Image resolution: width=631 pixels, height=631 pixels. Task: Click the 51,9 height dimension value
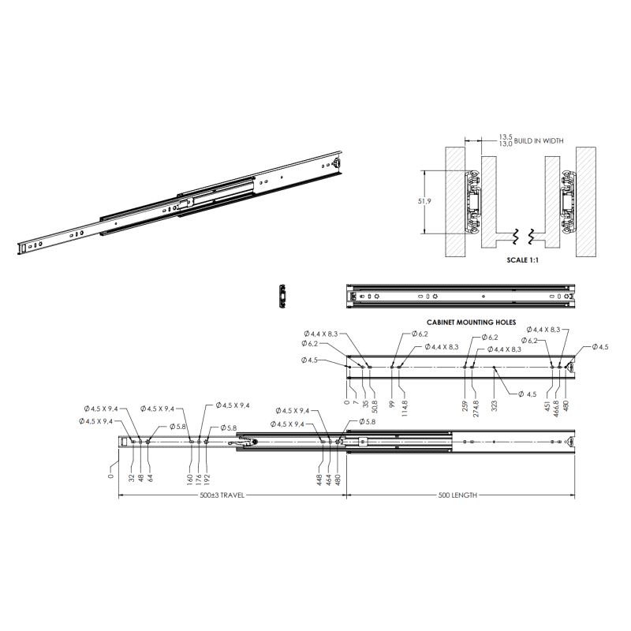(x=424, y=201)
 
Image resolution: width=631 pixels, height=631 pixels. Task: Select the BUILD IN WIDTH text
(x=539, y=141)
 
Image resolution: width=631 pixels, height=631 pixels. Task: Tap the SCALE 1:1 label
(x=522, y=260)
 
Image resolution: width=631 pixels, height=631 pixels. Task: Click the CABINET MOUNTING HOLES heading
(x=471, y=323)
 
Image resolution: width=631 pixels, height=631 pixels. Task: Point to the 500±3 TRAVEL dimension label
(x=222, y=495)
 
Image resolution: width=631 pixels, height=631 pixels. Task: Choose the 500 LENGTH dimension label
(x=457, y=495)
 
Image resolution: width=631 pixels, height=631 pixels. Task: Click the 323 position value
(x=495, y=405)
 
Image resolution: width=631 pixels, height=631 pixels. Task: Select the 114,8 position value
(x=405, y=408)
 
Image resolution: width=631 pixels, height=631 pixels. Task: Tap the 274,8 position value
(x=476, y=408)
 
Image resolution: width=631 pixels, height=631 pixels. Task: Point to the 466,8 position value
(x=557, y=408)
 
